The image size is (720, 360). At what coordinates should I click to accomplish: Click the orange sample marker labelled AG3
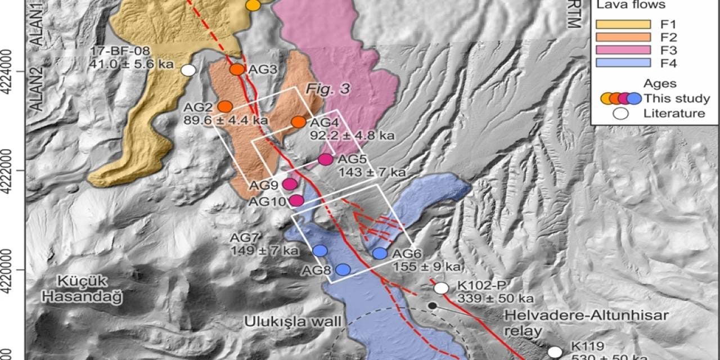237,69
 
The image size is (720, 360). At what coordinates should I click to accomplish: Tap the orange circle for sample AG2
225,106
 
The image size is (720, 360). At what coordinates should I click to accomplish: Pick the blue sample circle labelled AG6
380,254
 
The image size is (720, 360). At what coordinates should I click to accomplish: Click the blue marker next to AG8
343,270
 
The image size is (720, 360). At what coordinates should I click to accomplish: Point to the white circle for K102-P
442,288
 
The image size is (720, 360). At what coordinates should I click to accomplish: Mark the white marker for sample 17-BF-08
188,70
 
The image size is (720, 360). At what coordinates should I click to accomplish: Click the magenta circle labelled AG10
296,200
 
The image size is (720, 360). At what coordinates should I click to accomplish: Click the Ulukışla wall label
292,322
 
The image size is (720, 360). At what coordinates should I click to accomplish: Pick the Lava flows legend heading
631,5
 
